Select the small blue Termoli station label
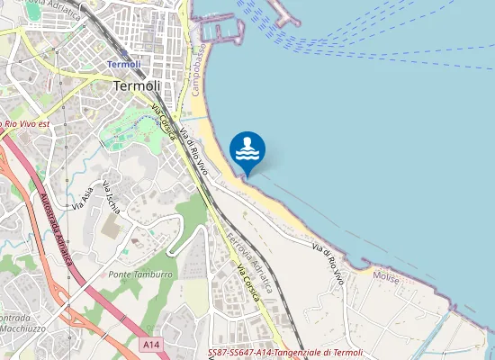[x=123, y=64]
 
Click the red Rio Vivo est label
[x=26, y=122]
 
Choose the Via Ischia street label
[x=112, y=196]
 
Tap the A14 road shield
[x=150, y=344]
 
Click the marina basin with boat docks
[x=221, y=31]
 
